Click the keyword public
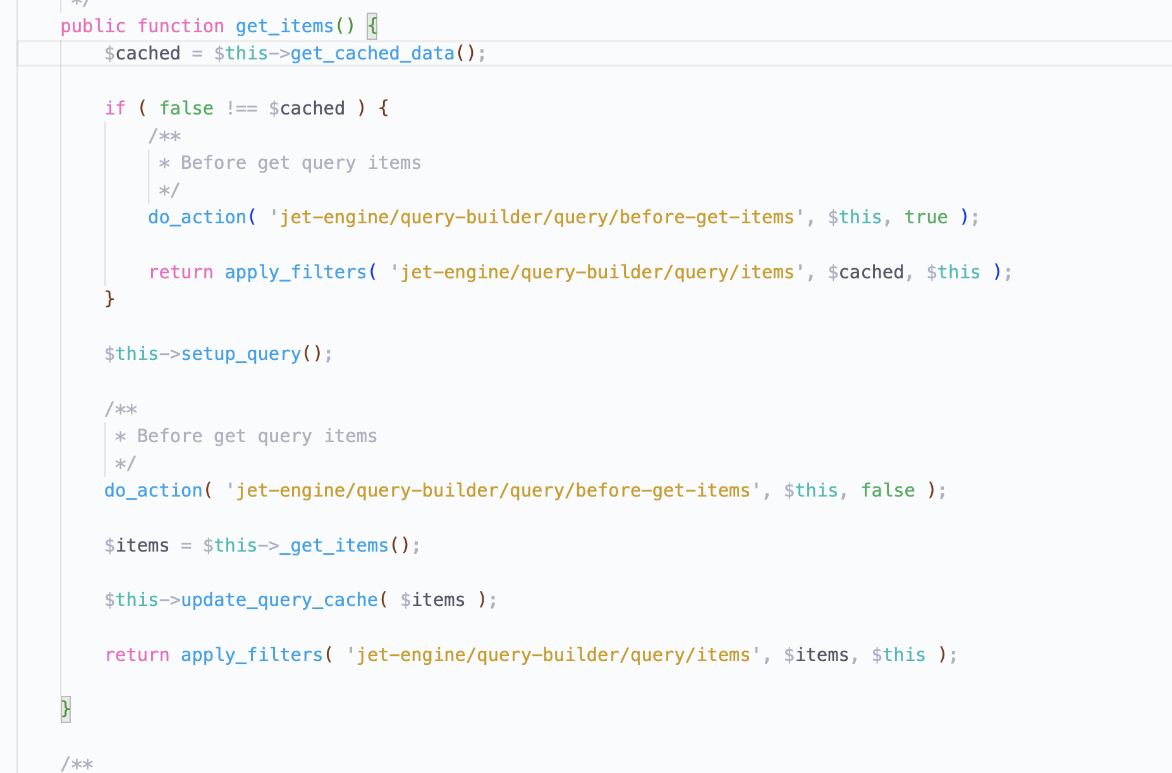tap(93, 26)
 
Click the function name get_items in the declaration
tap(284, 26)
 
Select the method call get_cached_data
tap(372, 53)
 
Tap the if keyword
tap(115, 108)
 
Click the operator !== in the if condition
tap(241, 108)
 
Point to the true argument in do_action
tap(925, 217)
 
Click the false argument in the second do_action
tap(888, 490)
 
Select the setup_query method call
tap(241, 354)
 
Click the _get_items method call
tap(334, 545)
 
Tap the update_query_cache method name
tap(279, 600)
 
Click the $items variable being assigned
tap(137, 545)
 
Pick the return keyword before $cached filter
tap(181, 272)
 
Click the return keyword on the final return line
tap(137, 655)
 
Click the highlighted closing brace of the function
tap(65, 708)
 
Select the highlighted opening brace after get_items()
tap(372, 26)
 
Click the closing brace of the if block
tap(109, 299)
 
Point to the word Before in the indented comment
tap(214, 163)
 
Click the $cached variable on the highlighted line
tap(142, 53)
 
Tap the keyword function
tap(181, 26)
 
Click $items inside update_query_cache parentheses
tap(432, 600)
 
